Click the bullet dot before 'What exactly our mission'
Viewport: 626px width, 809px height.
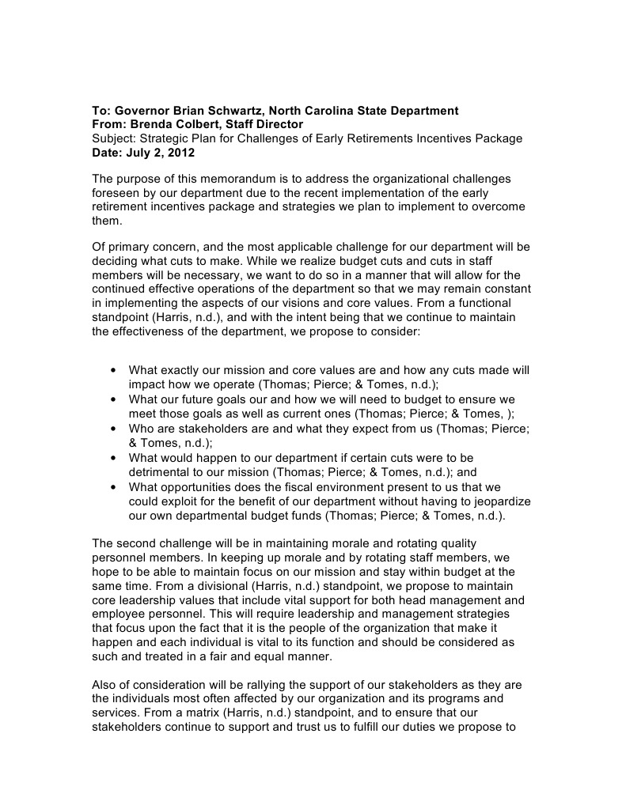point(116,370)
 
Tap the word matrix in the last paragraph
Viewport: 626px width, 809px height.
point(199,712)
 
